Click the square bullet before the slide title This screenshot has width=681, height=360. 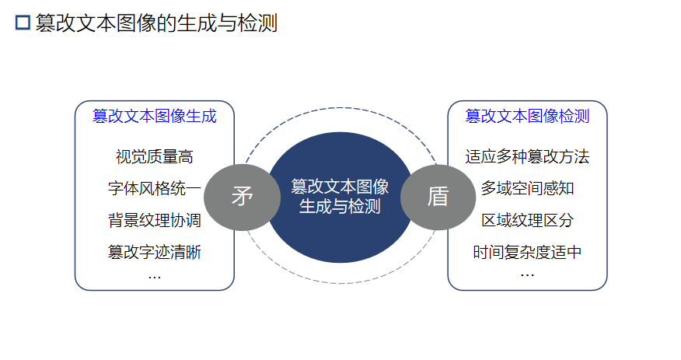pyautogui.click(x=23, y=23)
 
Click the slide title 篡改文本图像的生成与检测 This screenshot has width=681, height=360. pyautogui.click(x=156, y=23)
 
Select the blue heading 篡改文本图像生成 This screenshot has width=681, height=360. pyautogui.click(x=154, y=117)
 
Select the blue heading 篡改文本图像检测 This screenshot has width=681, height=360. pyautogui.click(x=527, y=117)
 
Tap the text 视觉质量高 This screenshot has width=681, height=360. pyautogui.click(x=154, y=157)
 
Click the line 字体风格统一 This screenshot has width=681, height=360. pyautogui.click(x=154, y=189)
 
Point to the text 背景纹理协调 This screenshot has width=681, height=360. pyautogui.click(x=154, y=221)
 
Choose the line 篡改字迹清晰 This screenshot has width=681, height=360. pyautogui.click(x=154, y=253)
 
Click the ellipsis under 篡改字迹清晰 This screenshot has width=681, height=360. pyautogui.click(x=154, y=276)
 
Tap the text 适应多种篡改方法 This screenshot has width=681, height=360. pyautogui.click(x=527, y=157)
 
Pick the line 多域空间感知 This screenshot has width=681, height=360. pyautogui.click(x=527, y=189)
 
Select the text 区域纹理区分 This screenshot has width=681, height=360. pyautogui.click(x=527, y=221)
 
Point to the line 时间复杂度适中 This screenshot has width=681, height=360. pyautogui.click(x=527, y=253)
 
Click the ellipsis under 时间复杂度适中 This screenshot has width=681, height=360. pyautogui.click(x=527, y=274)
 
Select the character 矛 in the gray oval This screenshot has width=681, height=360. pyautogui.click(x=243, y=197)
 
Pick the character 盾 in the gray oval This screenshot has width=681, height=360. pyautogui.click(x=438, y=197)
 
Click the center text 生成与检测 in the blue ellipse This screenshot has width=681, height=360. pyautogui.click(x=340, y=207)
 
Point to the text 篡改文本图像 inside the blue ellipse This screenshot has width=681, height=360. pyautogui.click(x=340, y=187)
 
